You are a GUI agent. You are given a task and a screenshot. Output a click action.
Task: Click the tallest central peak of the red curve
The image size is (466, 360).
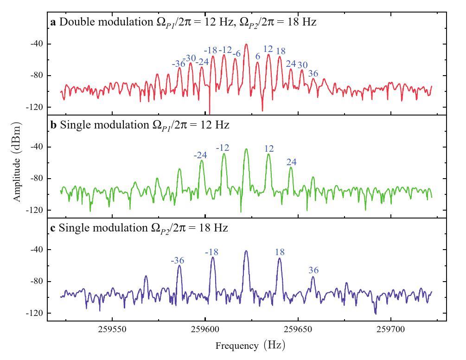[246, 45]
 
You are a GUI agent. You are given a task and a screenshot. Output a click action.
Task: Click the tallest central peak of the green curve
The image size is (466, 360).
[246, 149]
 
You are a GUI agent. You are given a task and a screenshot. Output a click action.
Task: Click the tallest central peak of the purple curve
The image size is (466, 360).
[246, 251]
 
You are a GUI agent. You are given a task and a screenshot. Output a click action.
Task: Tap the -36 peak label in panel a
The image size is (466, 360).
[179, 64]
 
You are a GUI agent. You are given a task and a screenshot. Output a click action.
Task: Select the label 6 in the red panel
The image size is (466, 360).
[258, 56]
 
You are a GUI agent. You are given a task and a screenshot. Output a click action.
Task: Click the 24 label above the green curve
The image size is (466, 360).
[291, 162]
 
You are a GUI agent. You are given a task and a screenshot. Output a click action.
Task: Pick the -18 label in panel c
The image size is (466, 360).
[211, 252]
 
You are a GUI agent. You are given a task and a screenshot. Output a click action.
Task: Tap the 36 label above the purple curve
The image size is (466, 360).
[313, 270]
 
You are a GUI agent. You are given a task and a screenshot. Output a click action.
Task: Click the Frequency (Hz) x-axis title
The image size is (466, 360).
[250, 346]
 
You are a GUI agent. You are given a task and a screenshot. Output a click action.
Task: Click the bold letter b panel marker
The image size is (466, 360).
[53, 125]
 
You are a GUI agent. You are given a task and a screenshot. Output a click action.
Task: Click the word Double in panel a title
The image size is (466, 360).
[72, 22]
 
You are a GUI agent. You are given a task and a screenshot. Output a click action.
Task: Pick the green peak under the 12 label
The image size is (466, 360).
[268, 154]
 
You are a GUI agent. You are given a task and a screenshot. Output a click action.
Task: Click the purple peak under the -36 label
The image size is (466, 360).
[179, 266]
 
